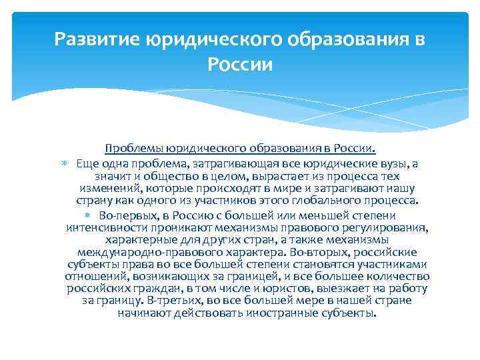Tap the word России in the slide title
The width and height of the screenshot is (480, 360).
[x=239, y=65]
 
